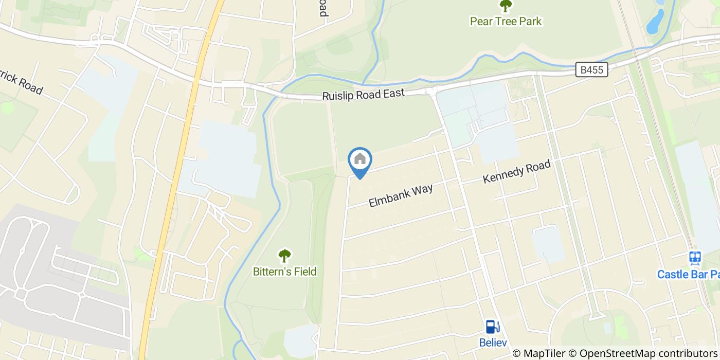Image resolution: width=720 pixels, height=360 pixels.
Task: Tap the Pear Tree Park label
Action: coord(506,21)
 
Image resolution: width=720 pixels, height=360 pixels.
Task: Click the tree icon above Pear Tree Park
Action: coord(506,6)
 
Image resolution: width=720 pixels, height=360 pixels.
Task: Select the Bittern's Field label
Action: coord(284,272)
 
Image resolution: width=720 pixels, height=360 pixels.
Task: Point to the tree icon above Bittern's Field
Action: coord(284,256)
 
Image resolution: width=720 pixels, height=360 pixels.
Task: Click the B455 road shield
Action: coord(591,70)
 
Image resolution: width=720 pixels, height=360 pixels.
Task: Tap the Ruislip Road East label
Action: coord(363,94)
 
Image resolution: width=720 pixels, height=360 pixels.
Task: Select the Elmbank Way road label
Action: coord(401,195)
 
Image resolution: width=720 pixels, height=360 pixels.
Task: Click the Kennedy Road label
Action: coord(516,172)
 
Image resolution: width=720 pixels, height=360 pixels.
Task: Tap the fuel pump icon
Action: coord(492,327)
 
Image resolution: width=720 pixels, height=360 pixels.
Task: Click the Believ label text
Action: coord(493,343)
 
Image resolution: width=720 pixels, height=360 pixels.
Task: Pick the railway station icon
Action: coord(695,258)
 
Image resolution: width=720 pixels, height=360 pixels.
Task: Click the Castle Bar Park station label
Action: coord(688,274)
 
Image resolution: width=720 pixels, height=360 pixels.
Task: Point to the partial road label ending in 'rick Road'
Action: coord(21,80)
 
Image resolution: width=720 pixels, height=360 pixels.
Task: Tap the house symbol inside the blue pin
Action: coord(360,159)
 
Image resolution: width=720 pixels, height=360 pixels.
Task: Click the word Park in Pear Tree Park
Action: coord(530,21)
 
